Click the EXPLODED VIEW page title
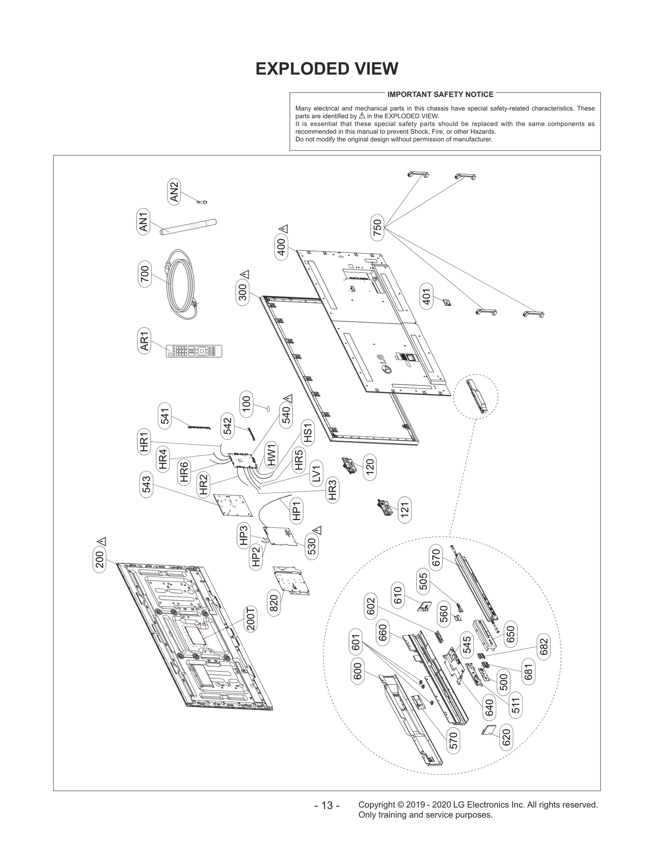coord(327,69)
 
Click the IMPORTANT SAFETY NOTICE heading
coord(440,94)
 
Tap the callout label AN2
coord(174,192)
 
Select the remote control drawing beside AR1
coord(194,351)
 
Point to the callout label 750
coord(377,227)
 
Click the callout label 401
coord(426,297)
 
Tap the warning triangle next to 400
coord(284,229)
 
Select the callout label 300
coord(243,292)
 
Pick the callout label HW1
coord(271,455)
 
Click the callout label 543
coord(146,484)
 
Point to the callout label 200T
coord(251,619)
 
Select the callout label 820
coord(274,603)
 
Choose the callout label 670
coord(436,558)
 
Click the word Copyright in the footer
coord(376,805)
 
